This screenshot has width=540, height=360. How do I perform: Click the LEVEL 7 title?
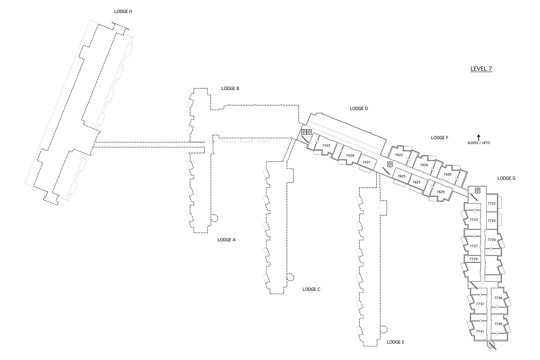tap(481, 69)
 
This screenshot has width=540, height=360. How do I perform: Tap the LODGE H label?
tap(123, 12)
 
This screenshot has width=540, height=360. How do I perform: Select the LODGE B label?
tap(230, 88)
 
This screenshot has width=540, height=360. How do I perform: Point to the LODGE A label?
tap(226, 240)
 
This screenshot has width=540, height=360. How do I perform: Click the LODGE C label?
tap(311, 289)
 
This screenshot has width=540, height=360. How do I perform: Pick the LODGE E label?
tap(396, 342)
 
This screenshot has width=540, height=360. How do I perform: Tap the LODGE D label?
tap(359, 108)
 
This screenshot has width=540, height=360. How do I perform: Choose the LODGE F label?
tap(440, 138)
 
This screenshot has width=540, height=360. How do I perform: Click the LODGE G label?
tap(506, 178)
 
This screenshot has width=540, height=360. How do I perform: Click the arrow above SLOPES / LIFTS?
tap(479, 137)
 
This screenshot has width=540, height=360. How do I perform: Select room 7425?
tap(326, 145)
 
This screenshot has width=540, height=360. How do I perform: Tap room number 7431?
tap(366, 162)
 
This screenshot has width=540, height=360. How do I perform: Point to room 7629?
tap(440, 192)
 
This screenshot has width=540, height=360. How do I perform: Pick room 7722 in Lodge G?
tap(491, 203)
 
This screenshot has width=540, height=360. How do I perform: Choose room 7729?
tap(473, 259)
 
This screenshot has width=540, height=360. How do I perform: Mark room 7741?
tap(480, 331)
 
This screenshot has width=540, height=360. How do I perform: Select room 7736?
tap(498, 298)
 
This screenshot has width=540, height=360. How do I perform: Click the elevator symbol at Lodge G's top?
tap(478, 190)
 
